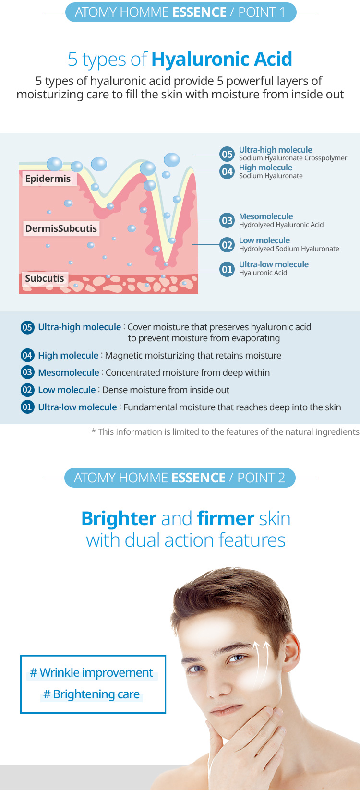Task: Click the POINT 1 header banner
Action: point(180,12)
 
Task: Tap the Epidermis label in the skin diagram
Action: point(48,179)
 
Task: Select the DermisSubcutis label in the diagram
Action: point(61,228)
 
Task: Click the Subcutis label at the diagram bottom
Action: point(45,278)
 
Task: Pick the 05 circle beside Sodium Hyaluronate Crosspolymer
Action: point(227,154)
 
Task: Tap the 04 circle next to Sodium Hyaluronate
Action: point(227,172)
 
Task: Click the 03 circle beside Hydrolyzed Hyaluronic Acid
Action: point(227,220)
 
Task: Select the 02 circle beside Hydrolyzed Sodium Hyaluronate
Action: point(227,245)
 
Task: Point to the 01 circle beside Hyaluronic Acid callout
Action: point(227,269)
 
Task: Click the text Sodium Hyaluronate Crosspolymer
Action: point(293,158)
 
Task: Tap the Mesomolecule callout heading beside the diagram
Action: point(266,216)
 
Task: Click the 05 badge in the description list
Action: point(27,327)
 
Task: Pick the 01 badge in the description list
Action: point(27,407)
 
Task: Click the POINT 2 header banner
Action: point(180,478)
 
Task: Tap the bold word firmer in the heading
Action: point(226,519)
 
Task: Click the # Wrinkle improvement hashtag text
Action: point(92,673)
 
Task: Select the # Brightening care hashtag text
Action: point(92,694)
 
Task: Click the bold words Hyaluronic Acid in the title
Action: point(222,59)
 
